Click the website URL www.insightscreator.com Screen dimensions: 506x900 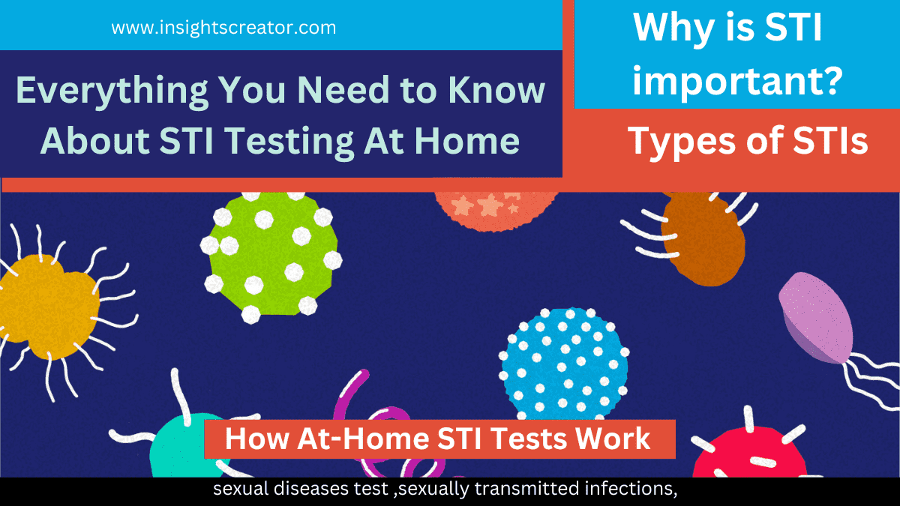(223, 28)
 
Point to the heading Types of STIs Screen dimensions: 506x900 (747, 141)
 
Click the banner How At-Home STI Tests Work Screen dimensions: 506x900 (438, 439)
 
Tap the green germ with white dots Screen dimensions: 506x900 (271, 254)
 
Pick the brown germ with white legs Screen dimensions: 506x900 (702, 237)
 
